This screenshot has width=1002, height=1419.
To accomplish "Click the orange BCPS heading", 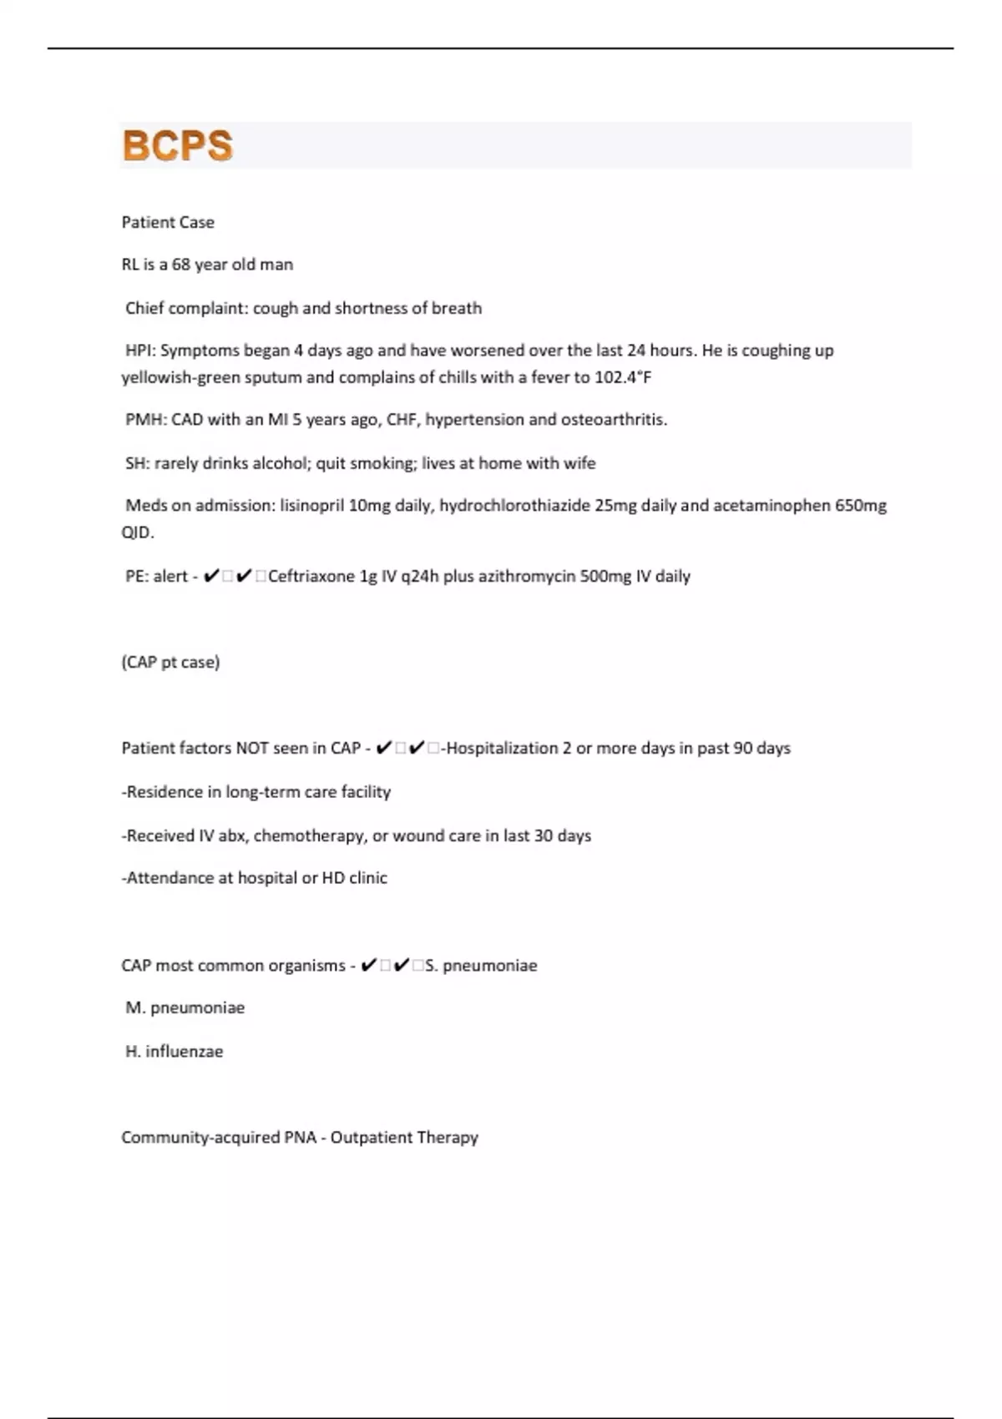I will point(177,145).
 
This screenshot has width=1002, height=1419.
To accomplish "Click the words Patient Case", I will point(168,222).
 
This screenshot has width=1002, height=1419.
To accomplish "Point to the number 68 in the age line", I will point(181,265).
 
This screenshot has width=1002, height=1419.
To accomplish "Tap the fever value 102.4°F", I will point(623,377).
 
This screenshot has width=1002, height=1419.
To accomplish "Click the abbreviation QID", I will point(137,533).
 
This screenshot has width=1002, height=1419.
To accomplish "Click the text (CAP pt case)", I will point(170,663).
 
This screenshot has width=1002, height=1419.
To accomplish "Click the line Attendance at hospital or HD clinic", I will point(255,878).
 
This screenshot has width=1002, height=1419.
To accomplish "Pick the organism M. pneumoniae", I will point(185,1007).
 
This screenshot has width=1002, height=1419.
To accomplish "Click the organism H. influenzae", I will point(175,1052).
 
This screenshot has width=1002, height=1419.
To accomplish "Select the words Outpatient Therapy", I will point(404,1138).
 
